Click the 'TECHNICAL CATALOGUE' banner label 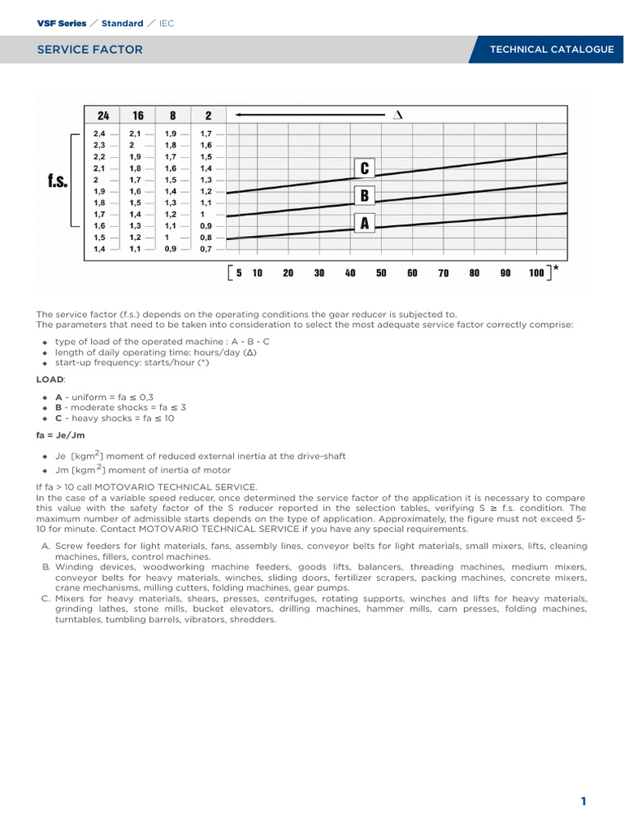click(x=551, y=50)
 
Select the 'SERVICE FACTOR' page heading click(x=89, y=50)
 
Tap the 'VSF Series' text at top click(x=62, y=24)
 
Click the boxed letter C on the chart click(x=364, y=168)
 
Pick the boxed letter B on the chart click(x=364, y=195)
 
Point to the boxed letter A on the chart click(x=364, y=222)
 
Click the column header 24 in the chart click(x=103, y=116)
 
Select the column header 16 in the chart click(x=138, y=116)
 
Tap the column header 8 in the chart click(x=173, y=116)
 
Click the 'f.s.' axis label click(x=56, y=181)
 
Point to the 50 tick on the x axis click(x=381, y=273)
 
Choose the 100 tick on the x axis click(x=536, y=273)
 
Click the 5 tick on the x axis click(x=239, y=273)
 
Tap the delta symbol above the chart click(x=397, y=115)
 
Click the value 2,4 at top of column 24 click(x=99, y=133)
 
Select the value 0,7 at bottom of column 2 click(x=206, y=249)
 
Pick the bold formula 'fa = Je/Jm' click(x=60, y=436)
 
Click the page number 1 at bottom click(x=583, y=801)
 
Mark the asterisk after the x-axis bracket click(x=555, y=267)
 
